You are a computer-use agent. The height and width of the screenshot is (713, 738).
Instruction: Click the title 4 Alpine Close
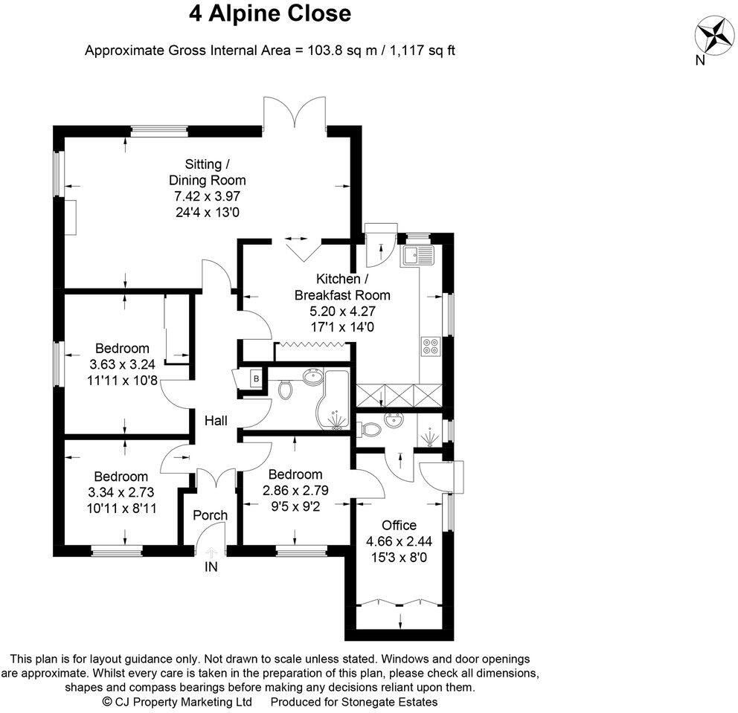point(269,14)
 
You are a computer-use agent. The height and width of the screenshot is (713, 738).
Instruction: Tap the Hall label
point(216,421)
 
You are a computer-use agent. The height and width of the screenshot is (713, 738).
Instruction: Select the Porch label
point(210,515)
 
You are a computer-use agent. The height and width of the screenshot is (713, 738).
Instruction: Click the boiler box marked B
point(257,378)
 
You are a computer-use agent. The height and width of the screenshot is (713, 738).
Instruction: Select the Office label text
point(399,525)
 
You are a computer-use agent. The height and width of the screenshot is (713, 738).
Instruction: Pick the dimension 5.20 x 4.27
point(341,311)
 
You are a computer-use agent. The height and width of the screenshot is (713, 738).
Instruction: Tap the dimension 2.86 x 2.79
point(295,490)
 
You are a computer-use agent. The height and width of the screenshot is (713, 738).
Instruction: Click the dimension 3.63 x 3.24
point(122,364)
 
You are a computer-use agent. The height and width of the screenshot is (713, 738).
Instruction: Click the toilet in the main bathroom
point(284,387)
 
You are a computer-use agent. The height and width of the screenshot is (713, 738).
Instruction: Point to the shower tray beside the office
point(430,430)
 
